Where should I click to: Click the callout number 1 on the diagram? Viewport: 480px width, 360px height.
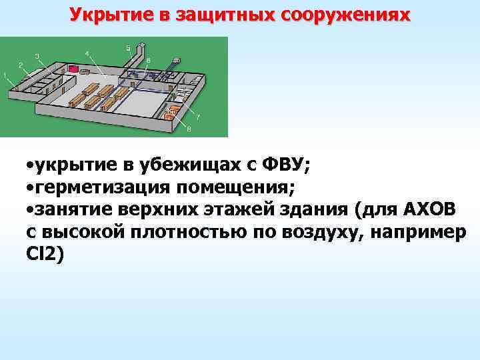pyautogui.click(x=5, y=75)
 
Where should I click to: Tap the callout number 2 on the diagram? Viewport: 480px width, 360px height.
pyautogui.click(x=21, y=64)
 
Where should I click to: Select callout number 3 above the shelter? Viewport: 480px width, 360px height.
pyautogui.click(x=37, y=55)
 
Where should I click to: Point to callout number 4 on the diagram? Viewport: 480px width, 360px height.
pyautogui.click(x=87, y=53)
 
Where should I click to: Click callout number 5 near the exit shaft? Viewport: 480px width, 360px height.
pyautogui.click(x=128, y=47)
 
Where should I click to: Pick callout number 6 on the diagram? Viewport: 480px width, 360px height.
pyautogui.click(x=148, y=61)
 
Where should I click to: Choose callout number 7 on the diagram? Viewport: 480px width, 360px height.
pyautogui.click(x=198, y=117)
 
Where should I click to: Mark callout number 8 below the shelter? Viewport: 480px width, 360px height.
pyautogui.click(x=189, y=128)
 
